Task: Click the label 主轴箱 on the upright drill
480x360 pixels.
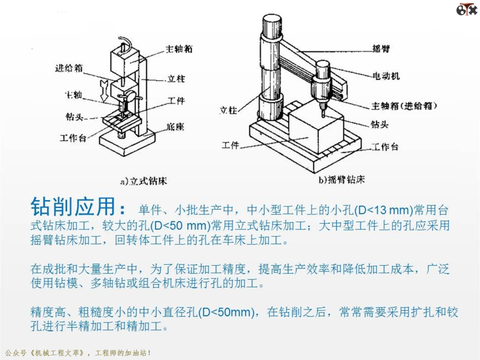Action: pyautogui.click(x=179, y=49)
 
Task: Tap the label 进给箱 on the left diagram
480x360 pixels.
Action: pyautogui.click(x=69, y=68)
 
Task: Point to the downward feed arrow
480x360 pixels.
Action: pyautogui.click(x=104, y=90)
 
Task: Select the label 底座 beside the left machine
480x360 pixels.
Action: pyautogui.click(x=176, y=126)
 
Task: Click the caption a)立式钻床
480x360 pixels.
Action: pyautogui.click(x=144, y=181)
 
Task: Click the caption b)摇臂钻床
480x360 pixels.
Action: pyautogui.click(x=342, y=180)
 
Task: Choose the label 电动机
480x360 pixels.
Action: pyautogui.click(x=386, y=76)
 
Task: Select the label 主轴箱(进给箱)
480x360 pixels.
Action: pyautogui.click(x=404, y=106)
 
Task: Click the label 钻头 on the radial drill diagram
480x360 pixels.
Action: pyautogui.click(x=380, y=124)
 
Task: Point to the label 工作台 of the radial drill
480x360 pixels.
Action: pyautogui.click(x=385, y=147)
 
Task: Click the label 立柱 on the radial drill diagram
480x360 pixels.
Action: pyautogui.click(x=228, y=110)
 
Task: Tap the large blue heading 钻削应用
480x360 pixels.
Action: pyautogui.click(x=73, y=207)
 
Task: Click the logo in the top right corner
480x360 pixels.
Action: pyautogui.click(x=467, y=9)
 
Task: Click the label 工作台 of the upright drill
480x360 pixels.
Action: pyautogui.click(x=73, y=138)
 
